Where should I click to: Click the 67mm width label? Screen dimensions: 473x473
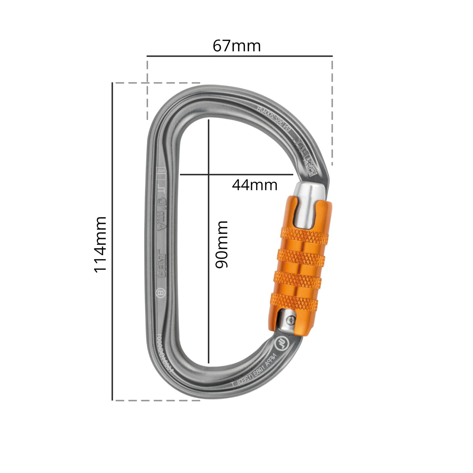pyautogui.click(x=236, y=46)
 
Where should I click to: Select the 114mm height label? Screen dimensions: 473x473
pyautogui.click(x=100, y=245)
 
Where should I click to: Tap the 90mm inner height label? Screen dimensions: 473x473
pyautogui.click(x=222, y=245)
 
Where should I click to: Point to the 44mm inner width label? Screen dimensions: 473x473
pyautogui.click(x=254, y=185)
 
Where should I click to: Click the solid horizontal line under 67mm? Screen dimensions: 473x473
pyautogui.click(x=240, y=56)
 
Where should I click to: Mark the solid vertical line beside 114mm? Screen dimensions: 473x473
pyautogui.click(x=112, y=241)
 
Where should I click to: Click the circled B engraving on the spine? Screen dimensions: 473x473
pyautogui.click(x=161, y=293)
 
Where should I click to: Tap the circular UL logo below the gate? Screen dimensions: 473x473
pyautogui.click(x=281, y=344)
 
